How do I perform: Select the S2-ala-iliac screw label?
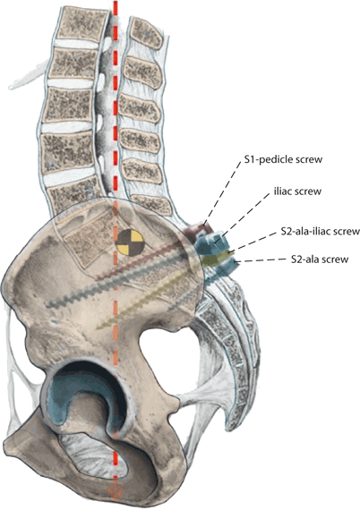click(x=302, y=232)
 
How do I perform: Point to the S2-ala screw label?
click(x=313, y=261)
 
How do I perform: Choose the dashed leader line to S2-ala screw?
click(x=260, y=259)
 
